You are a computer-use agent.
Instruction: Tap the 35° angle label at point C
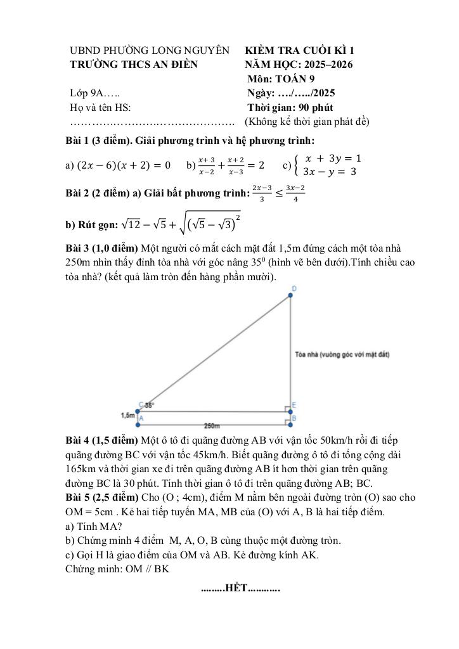click(x=150, y=404)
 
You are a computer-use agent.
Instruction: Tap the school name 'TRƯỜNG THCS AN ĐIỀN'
click(x=134, y=64)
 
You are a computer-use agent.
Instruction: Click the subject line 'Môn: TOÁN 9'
click(x=281, y=79)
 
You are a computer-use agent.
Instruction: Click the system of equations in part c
click(x=326, y=165)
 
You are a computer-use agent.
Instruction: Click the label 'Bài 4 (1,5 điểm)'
click(x=103, y=440)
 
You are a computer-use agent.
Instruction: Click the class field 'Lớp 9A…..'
click(x=95, y=93)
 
